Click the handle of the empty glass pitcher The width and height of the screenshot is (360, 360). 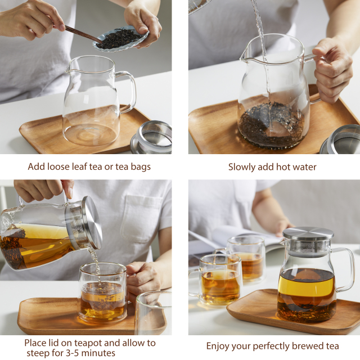[128, 90]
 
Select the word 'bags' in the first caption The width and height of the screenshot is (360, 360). [139, 167]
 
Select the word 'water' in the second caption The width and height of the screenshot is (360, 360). [304, 167]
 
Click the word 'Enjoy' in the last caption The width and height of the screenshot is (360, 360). [218, 346]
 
